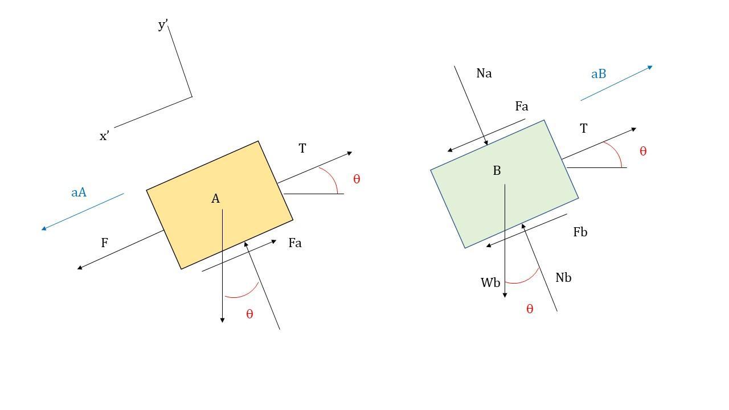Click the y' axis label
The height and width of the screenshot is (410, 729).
(163, 24)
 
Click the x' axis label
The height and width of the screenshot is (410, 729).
(104, 136)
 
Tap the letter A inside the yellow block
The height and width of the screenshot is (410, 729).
(215, 199)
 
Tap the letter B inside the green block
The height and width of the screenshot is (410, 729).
(497, 170)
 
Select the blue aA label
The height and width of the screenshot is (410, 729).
(79, 192)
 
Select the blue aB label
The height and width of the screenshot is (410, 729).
(599, 74)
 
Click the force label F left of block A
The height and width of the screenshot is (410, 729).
(104, 243)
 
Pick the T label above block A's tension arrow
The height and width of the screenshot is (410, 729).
(302, 149)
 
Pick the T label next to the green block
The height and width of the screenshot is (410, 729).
(584, 129)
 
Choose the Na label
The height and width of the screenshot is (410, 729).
(484, 73)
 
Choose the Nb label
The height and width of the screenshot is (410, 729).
(563, 277)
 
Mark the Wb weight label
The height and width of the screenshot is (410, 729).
(490, 282)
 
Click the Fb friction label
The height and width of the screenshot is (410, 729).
(580, 232)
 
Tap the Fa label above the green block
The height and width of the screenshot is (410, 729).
(522, 106)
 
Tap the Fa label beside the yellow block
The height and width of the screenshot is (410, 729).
(295, 243)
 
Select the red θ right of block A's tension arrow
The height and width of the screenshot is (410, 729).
(357, 179)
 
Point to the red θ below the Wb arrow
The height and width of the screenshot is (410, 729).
(530, 309)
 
